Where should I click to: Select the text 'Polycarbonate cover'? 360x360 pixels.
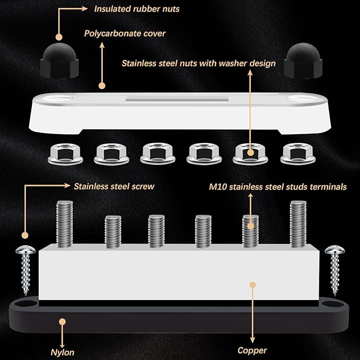coord(125,33)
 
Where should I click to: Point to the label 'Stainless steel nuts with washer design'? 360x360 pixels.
coord(198,63)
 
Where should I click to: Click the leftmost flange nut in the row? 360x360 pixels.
coord(62,153)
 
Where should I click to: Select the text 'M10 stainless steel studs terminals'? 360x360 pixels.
coord(277,187)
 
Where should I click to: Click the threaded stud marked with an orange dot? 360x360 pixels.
coord(251,229)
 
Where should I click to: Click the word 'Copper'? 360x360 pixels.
coord(252,350)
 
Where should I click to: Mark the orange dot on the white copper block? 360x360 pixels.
coord(252,285)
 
